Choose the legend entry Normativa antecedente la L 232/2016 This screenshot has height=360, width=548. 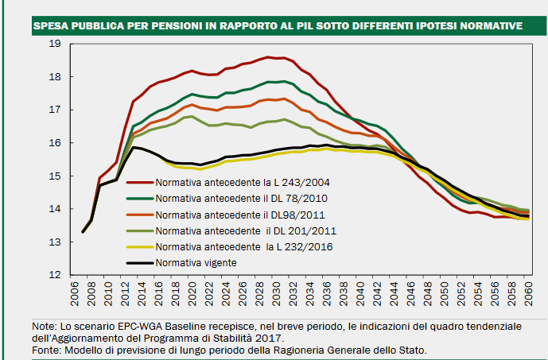coord(235,246)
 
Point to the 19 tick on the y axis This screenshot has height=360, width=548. coord(55,44)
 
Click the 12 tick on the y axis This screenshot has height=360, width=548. coord(55,275)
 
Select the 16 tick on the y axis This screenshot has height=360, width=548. coord(55,143)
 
